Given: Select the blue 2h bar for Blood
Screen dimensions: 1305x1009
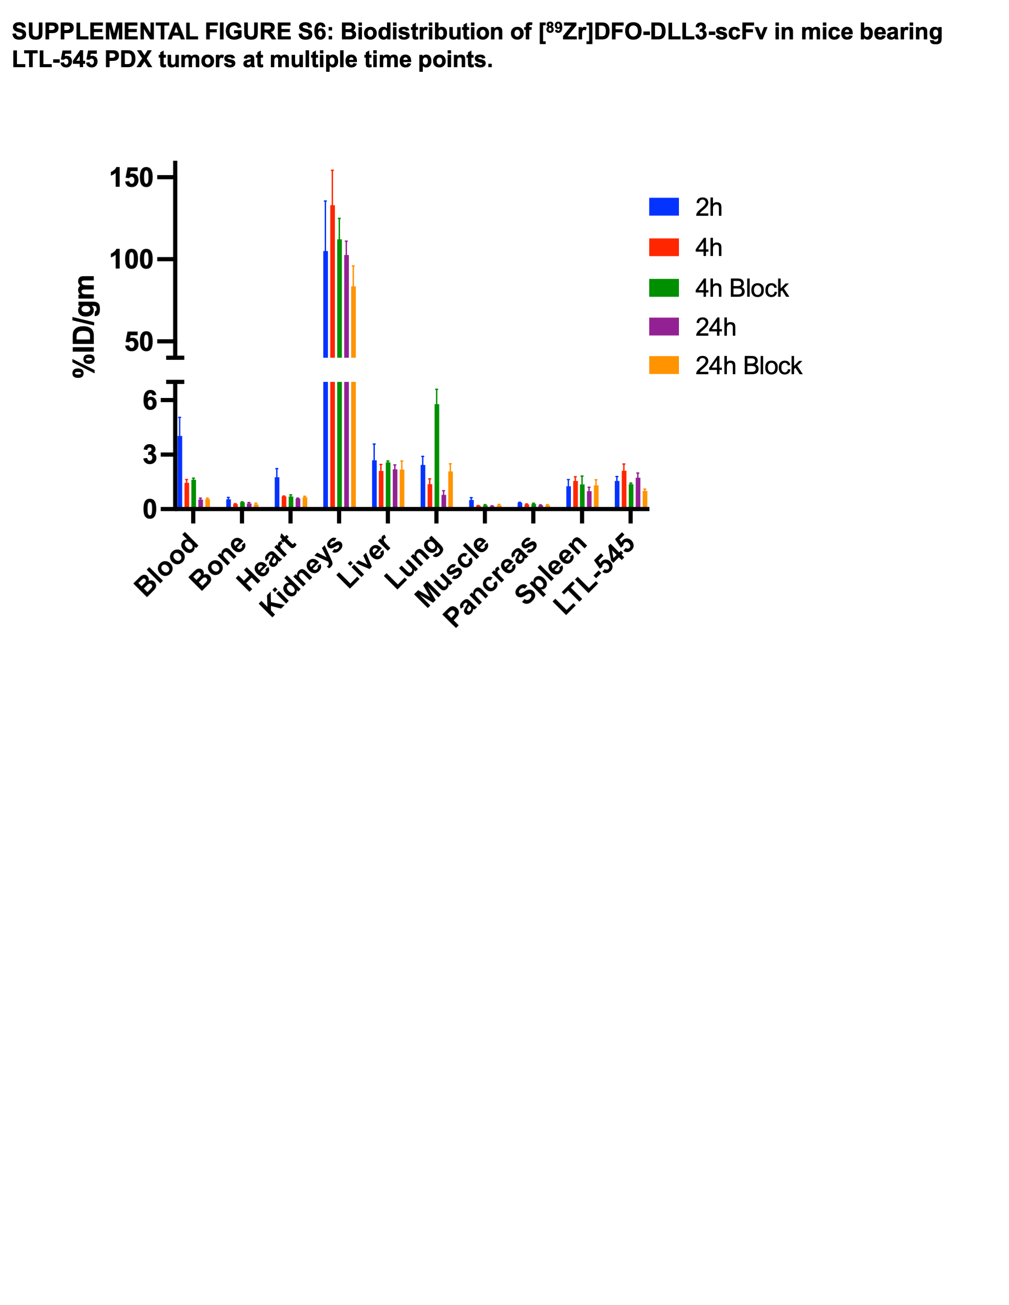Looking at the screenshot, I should tap(180, 471).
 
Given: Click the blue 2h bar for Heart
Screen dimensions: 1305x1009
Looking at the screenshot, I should tap(277, 493).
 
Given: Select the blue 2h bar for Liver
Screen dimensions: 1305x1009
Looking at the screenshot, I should tap(374, 484).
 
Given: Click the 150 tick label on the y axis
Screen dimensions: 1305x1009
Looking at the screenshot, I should tap(131, 177).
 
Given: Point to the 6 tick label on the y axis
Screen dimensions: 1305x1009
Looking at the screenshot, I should tap(149, 400).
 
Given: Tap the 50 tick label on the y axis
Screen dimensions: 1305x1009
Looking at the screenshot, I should tap(139, 342).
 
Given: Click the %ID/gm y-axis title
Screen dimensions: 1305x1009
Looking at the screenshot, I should tap(84, 326).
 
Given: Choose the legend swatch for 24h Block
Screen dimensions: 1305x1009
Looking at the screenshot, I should tap(664, 365).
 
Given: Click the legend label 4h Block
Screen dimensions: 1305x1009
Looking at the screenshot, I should tap(741, 288).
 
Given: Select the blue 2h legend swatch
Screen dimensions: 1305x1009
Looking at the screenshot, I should tap(664, 207).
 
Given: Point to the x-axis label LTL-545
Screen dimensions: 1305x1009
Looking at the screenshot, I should tap(594, 574).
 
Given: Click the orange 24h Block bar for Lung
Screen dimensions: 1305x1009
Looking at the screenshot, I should tap(451, 489).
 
